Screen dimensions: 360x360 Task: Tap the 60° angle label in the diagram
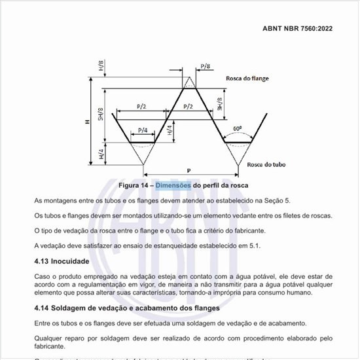236,129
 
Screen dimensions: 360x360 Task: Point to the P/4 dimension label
142,131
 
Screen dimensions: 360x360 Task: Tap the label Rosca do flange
247,79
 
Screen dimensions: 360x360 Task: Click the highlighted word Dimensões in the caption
173,185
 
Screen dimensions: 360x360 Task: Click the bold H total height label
78,122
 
